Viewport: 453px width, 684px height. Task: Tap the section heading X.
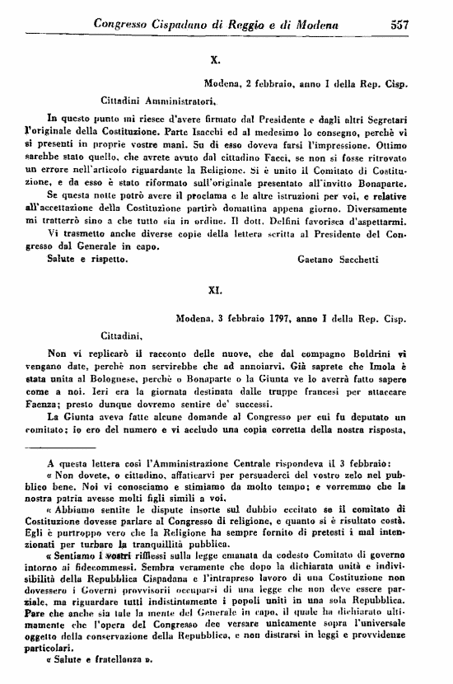(215, 59)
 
